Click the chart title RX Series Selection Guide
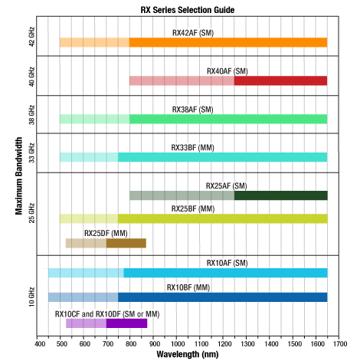(187, 9)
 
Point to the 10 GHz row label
(31, 294)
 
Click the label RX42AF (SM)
(193, 33)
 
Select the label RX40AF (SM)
(227, 71)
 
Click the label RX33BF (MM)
(193, 147)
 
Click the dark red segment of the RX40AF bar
(280, 80)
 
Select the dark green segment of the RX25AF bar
(280, 195)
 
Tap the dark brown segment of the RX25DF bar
(126, 243)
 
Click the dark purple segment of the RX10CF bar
(126, 323)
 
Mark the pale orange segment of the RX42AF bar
(94, 42)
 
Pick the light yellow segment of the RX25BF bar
(88, 218)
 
